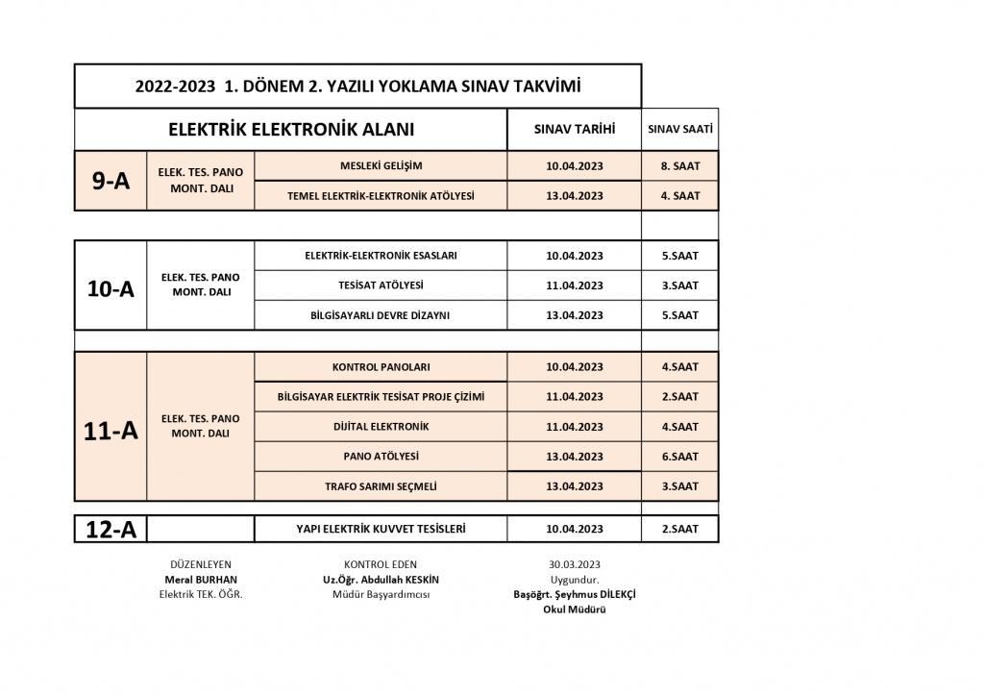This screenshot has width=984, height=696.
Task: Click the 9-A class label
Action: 111,181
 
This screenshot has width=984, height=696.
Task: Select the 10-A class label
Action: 111,286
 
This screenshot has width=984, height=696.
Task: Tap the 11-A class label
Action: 111,431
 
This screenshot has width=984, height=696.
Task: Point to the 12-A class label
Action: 111,529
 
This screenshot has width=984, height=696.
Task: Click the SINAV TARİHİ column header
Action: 575,129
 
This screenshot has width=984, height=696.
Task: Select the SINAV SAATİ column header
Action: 680,129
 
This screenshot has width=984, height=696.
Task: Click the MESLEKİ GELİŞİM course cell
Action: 381,165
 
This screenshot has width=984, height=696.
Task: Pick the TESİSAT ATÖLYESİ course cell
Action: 381,285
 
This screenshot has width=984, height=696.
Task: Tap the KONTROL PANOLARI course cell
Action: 381,366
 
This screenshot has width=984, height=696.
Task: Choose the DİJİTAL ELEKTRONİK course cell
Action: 381,426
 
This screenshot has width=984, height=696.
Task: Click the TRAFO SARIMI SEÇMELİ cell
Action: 381,486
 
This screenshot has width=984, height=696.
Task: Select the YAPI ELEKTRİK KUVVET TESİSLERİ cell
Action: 381,529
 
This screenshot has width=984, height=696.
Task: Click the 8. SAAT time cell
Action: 680,165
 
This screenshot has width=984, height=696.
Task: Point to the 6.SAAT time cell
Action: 680,457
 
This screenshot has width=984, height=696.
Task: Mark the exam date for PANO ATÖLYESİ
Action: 575,457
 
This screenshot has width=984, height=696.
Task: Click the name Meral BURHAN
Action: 201,580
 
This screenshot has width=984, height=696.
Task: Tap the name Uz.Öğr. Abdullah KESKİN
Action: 381,580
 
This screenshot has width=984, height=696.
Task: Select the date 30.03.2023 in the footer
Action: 575,564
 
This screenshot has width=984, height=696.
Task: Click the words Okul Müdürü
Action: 575,609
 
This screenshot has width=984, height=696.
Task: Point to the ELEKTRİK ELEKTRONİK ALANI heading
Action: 291,130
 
